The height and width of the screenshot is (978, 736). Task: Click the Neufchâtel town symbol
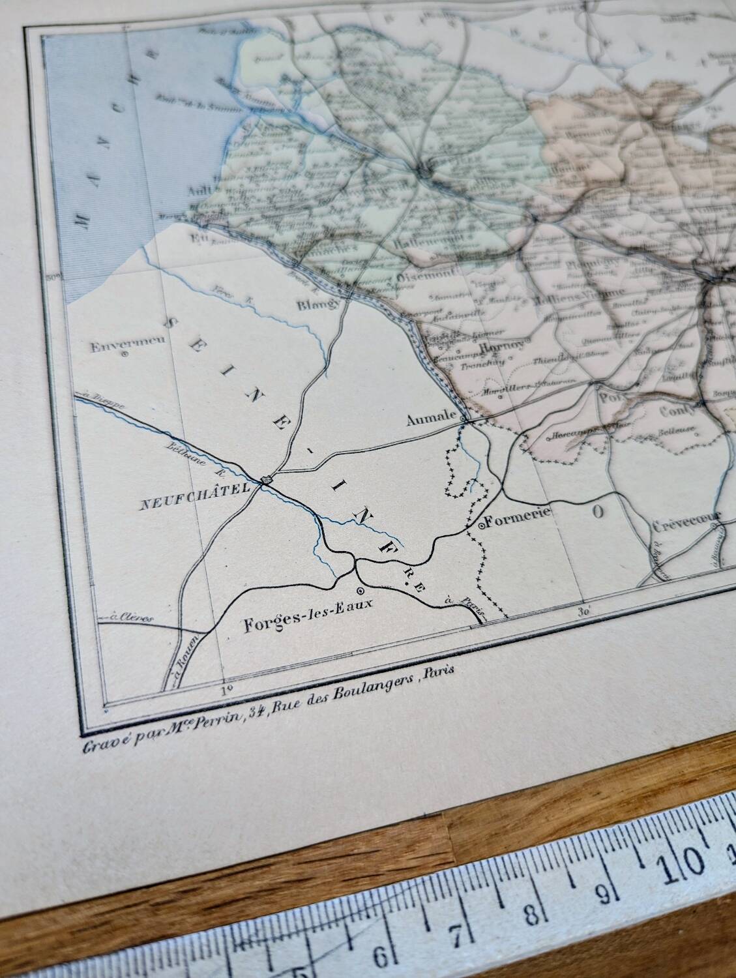pyautogui.click(x=266, y=481)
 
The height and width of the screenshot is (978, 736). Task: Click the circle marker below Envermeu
pyautogui.click(x=123, y=355)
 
